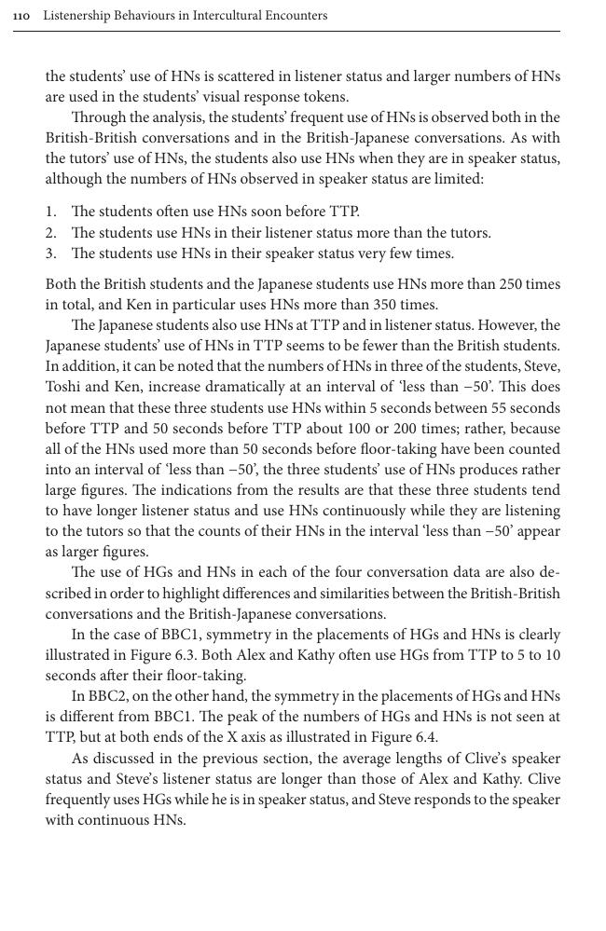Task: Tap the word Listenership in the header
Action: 78,16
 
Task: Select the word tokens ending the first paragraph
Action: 327,97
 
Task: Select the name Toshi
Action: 64,387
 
